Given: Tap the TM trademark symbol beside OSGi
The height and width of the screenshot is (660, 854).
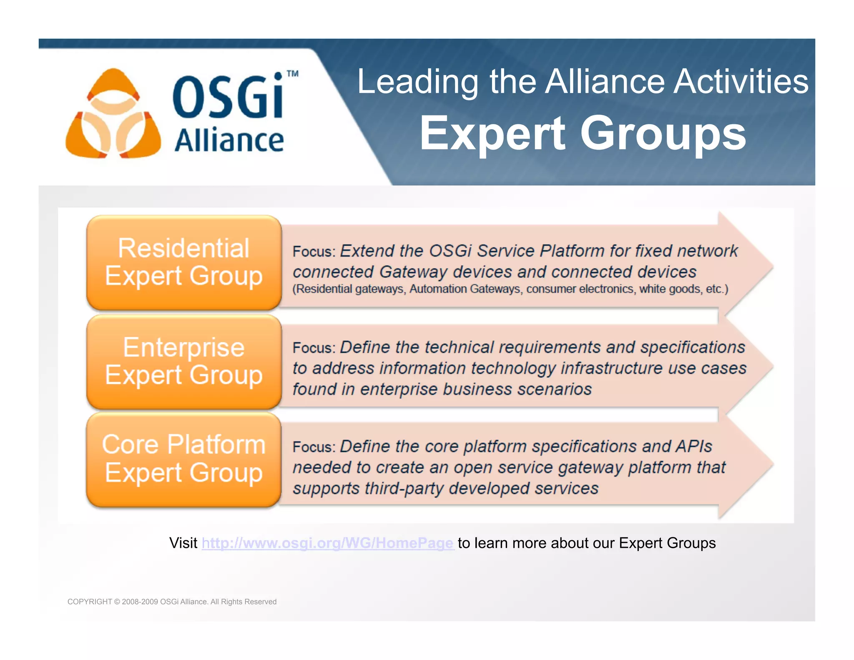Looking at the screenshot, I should [293, 74].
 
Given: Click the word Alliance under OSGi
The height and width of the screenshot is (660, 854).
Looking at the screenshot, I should [229, 141].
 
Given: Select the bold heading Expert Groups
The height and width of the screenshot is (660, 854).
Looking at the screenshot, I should [583, 134].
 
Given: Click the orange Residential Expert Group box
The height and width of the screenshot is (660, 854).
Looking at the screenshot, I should [184, 262].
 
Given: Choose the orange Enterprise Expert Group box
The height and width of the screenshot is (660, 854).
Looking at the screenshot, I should [184, 361].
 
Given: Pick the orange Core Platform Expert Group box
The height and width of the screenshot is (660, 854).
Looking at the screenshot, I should [184, 459].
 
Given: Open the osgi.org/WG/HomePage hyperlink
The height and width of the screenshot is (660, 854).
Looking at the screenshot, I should [327, 543].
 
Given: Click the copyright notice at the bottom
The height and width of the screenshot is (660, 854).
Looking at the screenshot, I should [172, 602].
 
